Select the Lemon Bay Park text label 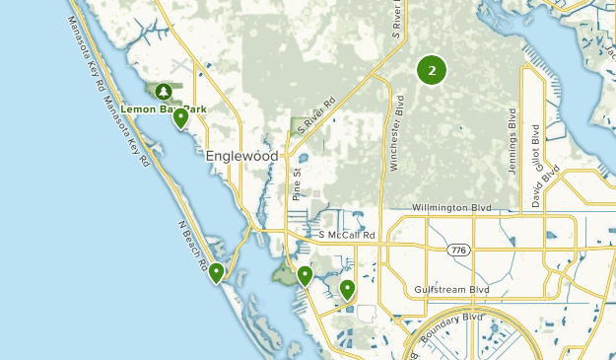coord(164,108)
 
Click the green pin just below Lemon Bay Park coord(181,119)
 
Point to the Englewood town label coord(242,156)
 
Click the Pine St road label coord(296,183)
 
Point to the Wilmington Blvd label coord(449,208)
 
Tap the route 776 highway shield coord(459,251)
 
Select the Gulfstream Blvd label coord(452,290)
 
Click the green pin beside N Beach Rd coord(216,273)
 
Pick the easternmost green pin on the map coord(347,289)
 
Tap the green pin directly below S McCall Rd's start coord(306,275)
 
